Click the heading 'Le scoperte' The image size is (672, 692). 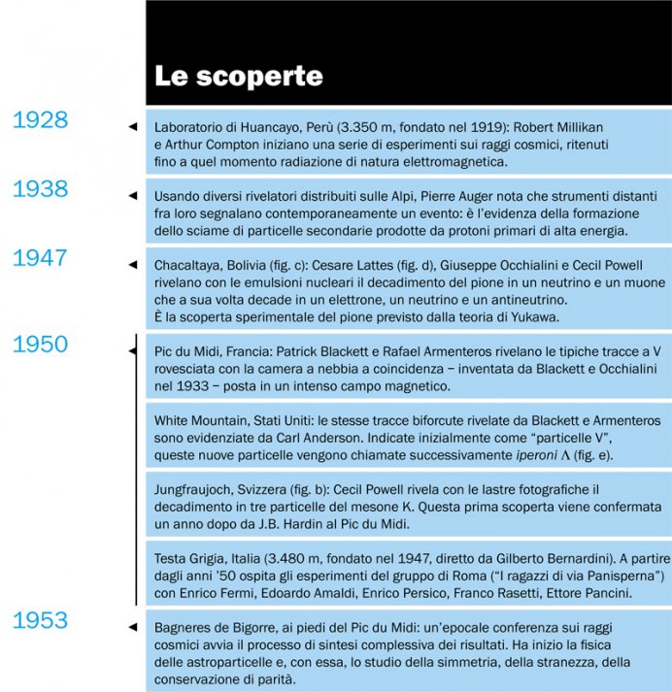tap(239, 76)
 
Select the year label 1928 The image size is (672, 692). tap(40, 120)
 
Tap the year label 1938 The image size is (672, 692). tap(40, 189)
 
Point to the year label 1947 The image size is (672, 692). tap(40, 258)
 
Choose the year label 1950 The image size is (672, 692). tap(40, 345)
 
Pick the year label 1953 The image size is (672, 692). tap(40, 620)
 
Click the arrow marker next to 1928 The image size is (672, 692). tap(133, 127)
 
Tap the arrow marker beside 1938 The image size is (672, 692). tap(133, 196)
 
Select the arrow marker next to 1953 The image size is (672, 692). tap(133, 627)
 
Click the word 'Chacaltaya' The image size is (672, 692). tap(188, 264)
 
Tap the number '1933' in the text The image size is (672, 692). tap(189, 386)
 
